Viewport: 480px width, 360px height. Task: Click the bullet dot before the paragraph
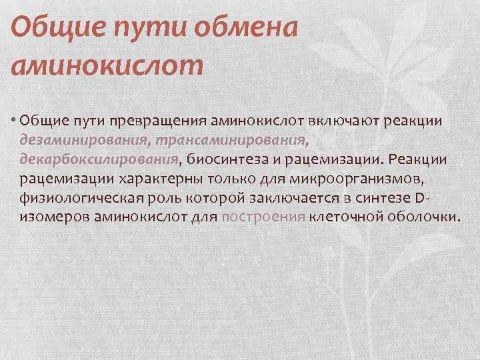click(14, 121)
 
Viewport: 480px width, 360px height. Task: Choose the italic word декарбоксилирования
click(99, 159)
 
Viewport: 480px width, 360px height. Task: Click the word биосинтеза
click(230, 159)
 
